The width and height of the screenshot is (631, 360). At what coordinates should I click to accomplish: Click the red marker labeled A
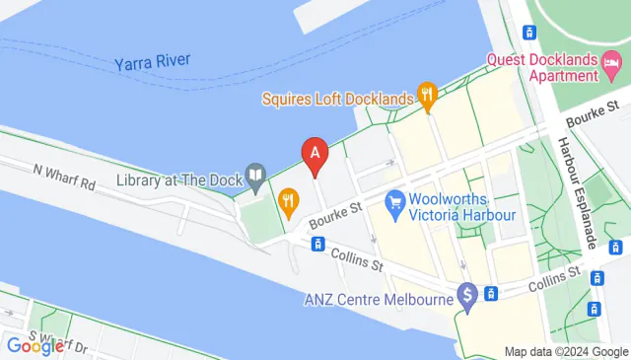[x=315, y=154]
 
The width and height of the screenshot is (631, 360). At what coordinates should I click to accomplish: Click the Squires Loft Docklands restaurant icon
[x=427, y=96]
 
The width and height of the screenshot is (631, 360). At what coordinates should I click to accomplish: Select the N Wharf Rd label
[x=64, y=177]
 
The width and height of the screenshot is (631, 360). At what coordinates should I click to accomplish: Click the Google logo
[x=35, y=346]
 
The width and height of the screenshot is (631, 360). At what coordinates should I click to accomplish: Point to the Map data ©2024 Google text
[x=566, y=352]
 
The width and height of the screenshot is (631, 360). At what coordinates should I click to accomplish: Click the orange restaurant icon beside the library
[x=288, y=202]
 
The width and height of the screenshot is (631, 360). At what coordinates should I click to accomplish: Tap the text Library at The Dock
[x=178, y=180]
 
